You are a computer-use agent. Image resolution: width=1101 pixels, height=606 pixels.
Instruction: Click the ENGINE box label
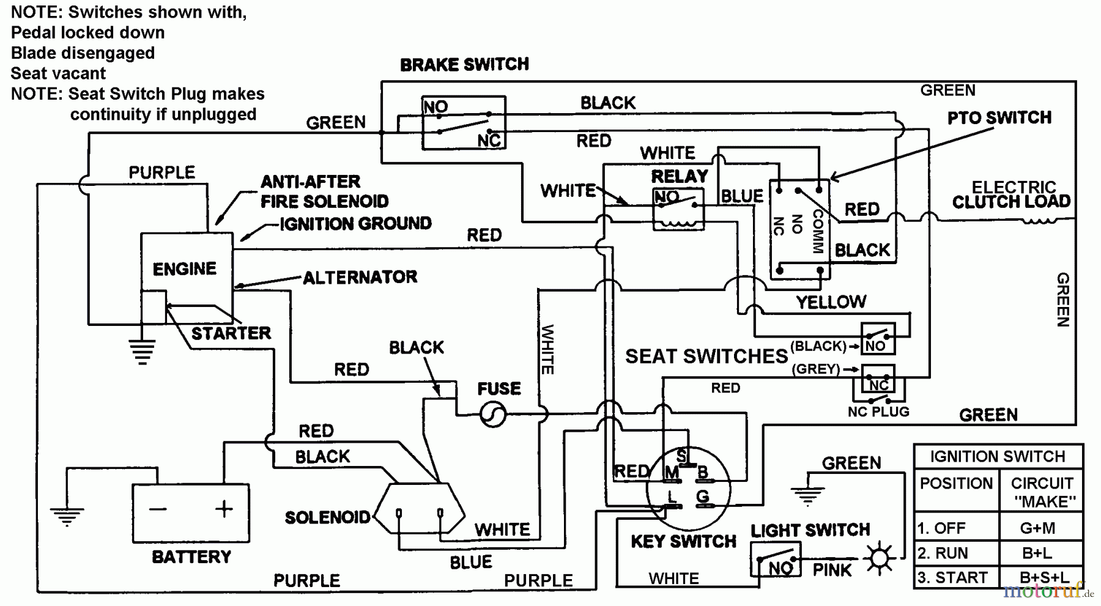[184, 269]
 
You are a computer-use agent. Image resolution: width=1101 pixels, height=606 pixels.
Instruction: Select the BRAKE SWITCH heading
[464, 65]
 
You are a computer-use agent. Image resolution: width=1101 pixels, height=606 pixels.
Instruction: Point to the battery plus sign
[224, 509]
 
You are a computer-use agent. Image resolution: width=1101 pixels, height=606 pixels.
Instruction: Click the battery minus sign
[158, 509]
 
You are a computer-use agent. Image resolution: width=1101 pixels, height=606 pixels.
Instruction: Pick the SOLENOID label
[327, 517]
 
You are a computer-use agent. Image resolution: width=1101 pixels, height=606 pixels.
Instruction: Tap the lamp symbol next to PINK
[880, 558]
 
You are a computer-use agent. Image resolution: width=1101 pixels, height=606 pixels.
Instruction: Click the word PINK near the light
[832, 570]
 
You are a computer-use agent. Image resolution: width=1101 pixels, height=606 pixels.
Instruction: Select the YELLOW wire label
[831, 301]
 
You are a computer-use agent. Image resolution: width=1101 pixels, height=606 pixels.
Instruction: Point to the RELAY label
[679, 177]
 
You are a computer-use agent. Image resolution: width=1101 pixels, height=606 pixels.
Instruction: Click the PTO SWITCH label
[999, 117]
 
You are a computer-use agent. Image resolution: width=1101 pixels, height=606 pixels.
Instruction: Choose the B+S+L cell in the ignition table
[1044, 578]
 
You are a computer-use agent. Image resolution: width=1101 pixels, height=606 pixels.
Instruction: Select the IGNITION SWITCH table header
[997, 457]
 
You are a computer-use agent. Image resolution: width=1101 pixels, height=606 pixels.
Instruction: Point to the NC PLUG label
[878, 412]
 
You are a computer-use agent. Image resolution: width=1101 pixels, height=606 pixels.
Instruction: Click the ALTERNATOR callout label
[360, 278]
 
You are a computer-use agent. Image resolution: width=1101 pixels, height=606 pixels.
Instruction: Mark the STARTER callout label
[231, 333]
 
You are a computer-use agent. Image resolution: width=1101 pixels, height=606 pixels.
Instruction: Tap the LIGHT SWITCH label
[810, 530]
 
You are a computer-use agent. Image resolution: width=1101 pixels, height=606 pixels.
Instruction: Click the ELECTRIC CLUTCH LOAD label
[1013, 194]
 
